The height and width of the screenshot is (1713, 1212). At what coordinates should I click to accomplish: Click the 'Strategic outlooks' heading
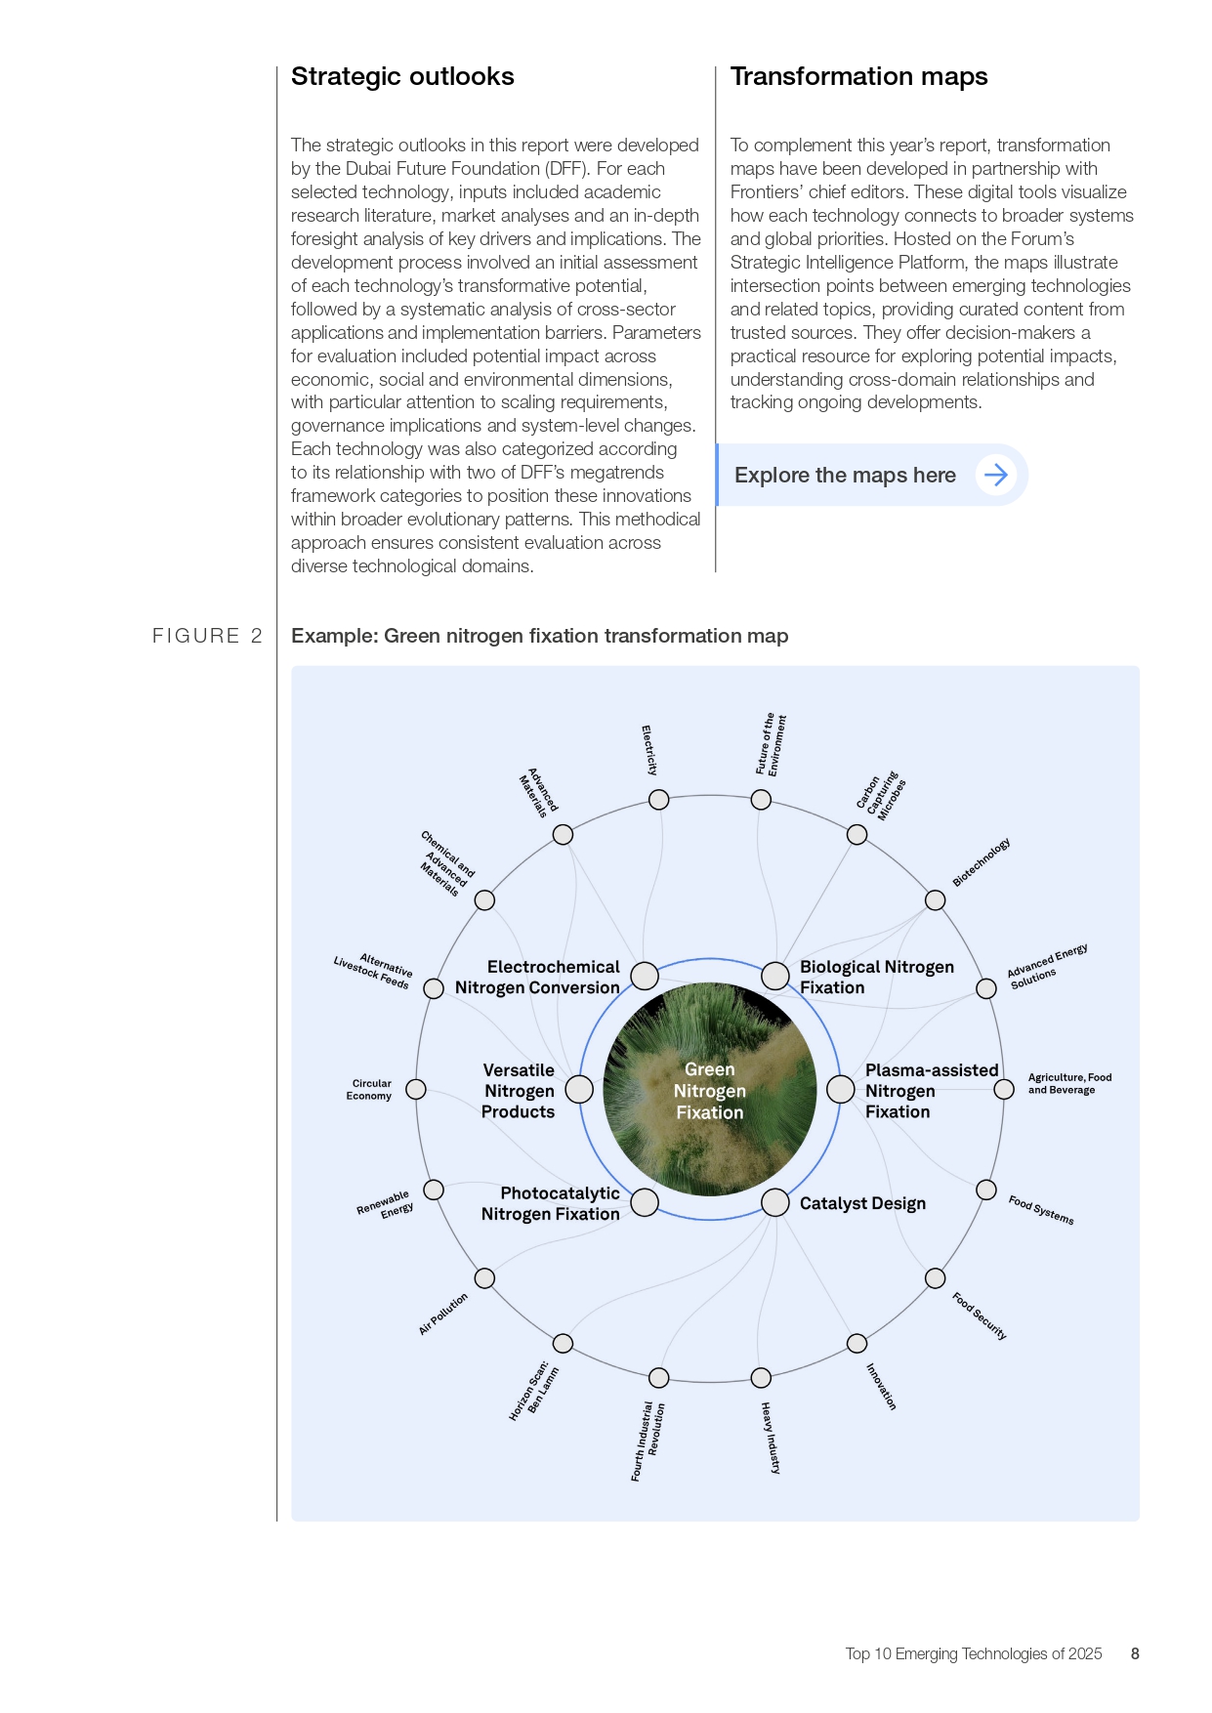(x=402, y=77)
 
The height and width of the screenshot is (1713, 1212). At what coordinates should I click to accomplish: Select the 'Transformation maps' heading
(x=858, y=77)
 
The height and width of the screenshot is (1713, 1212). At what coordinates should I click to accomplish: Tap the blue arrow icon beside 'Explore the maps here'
(x=996, y=476)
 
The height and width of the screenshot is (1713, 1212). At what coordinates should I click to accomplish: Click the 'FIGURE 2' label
(x=207, y=636)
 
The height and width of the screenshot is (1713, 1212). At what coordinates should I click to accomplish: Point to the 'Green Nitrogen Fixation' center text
(x=710, y=1091)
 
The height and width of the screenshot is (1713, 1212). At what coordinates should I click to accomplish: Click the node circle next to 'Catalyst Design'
(x=775, y=1202)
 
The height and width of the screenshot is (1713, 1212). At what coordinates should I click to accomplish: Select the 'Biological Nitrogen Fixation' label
(x=876, y=977)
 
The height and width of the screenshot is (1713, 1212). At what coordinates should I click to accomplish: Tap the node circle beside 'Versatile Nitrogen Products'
(x=579, y=1089)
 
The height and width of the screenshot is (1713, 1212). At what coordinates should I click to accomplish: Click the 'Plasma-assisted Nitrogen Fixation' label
(x=931, y=1091)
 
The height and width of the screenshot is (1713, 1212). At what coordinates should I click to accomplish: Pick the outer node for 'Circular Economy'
(x=416, y=1089)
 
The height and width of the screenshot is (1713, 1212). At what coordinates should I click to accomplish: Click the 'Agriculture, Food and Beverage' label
(x=1069, y=1083)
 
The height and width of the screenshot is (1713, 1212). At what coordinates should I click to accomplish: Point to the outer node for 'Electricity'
(x=659, y=800)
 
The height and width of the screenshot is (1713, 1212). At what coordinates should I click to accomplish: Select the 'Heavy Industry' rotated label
(x=771, y=1438)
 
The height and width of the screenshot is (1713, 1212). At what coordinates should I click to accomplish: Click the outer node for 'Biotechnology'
(x=936, y=900)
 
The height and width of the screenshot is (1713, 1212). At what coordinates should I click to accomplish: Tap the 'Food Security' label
(x=980, y=1316)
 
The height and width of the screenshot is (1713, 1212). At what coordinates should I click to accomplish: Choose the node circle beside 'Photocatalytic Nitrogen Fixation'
(x=645, y=1202)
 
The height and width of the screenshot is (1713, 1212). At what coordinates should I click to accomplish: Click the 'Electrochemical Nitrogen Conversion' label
(x=538, y=977)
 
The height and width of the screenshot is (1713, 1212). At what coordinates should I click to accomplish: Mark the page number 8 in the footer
(x=1135, y=1653)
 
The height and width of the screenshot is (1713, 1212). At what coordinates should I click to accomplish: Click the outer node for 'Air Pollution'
(x=484, y=1278)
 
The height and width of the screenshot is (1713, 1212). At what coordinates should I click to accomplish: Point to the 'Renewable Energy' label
(x=386, y=1203)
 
